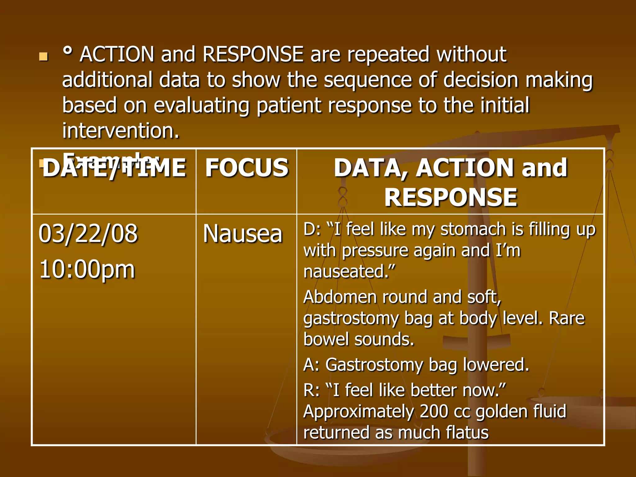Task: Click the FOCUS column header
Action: click(247, 168)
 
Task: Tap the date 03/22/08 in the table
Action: click(88, 234)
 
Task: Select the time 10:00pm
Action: click(87, 269)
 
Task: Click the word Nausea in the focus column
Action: click(243, 234)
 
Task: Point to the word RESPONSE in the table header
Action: click(451, 197)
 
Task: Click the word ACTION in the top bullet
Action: click(117, 54)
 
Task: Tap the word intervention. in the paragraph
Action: click(121, 131)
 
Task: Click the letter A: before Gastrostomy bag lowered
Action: click(311, 365)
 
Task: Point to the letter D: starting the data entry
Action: click(312, 229)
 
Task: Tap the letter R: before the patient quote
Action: click(311, 390)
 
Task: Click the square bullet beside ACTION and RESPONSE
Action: click(43, 57)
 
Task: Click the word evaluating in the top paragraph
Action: click(202, 106)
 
